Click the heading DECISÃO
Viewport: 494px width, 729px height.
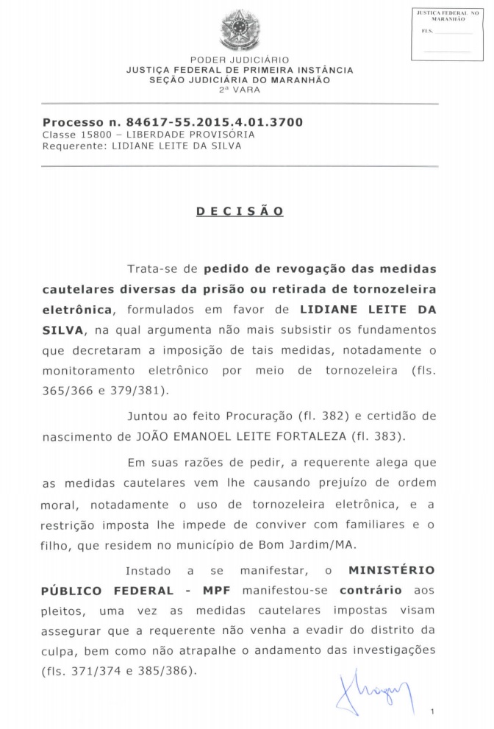(x=240, y=210)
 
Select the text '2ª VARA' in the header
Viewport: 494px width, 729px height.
(x=240, y=89)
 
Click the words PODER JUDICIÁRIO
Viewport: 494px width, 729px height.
(x=240, y=60)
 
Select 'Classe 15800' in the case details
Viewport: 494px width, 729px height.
(x=72, y=135)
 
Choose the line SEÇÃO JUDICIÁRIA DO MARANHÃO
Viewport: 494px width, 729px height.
(x=240, y=79)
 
